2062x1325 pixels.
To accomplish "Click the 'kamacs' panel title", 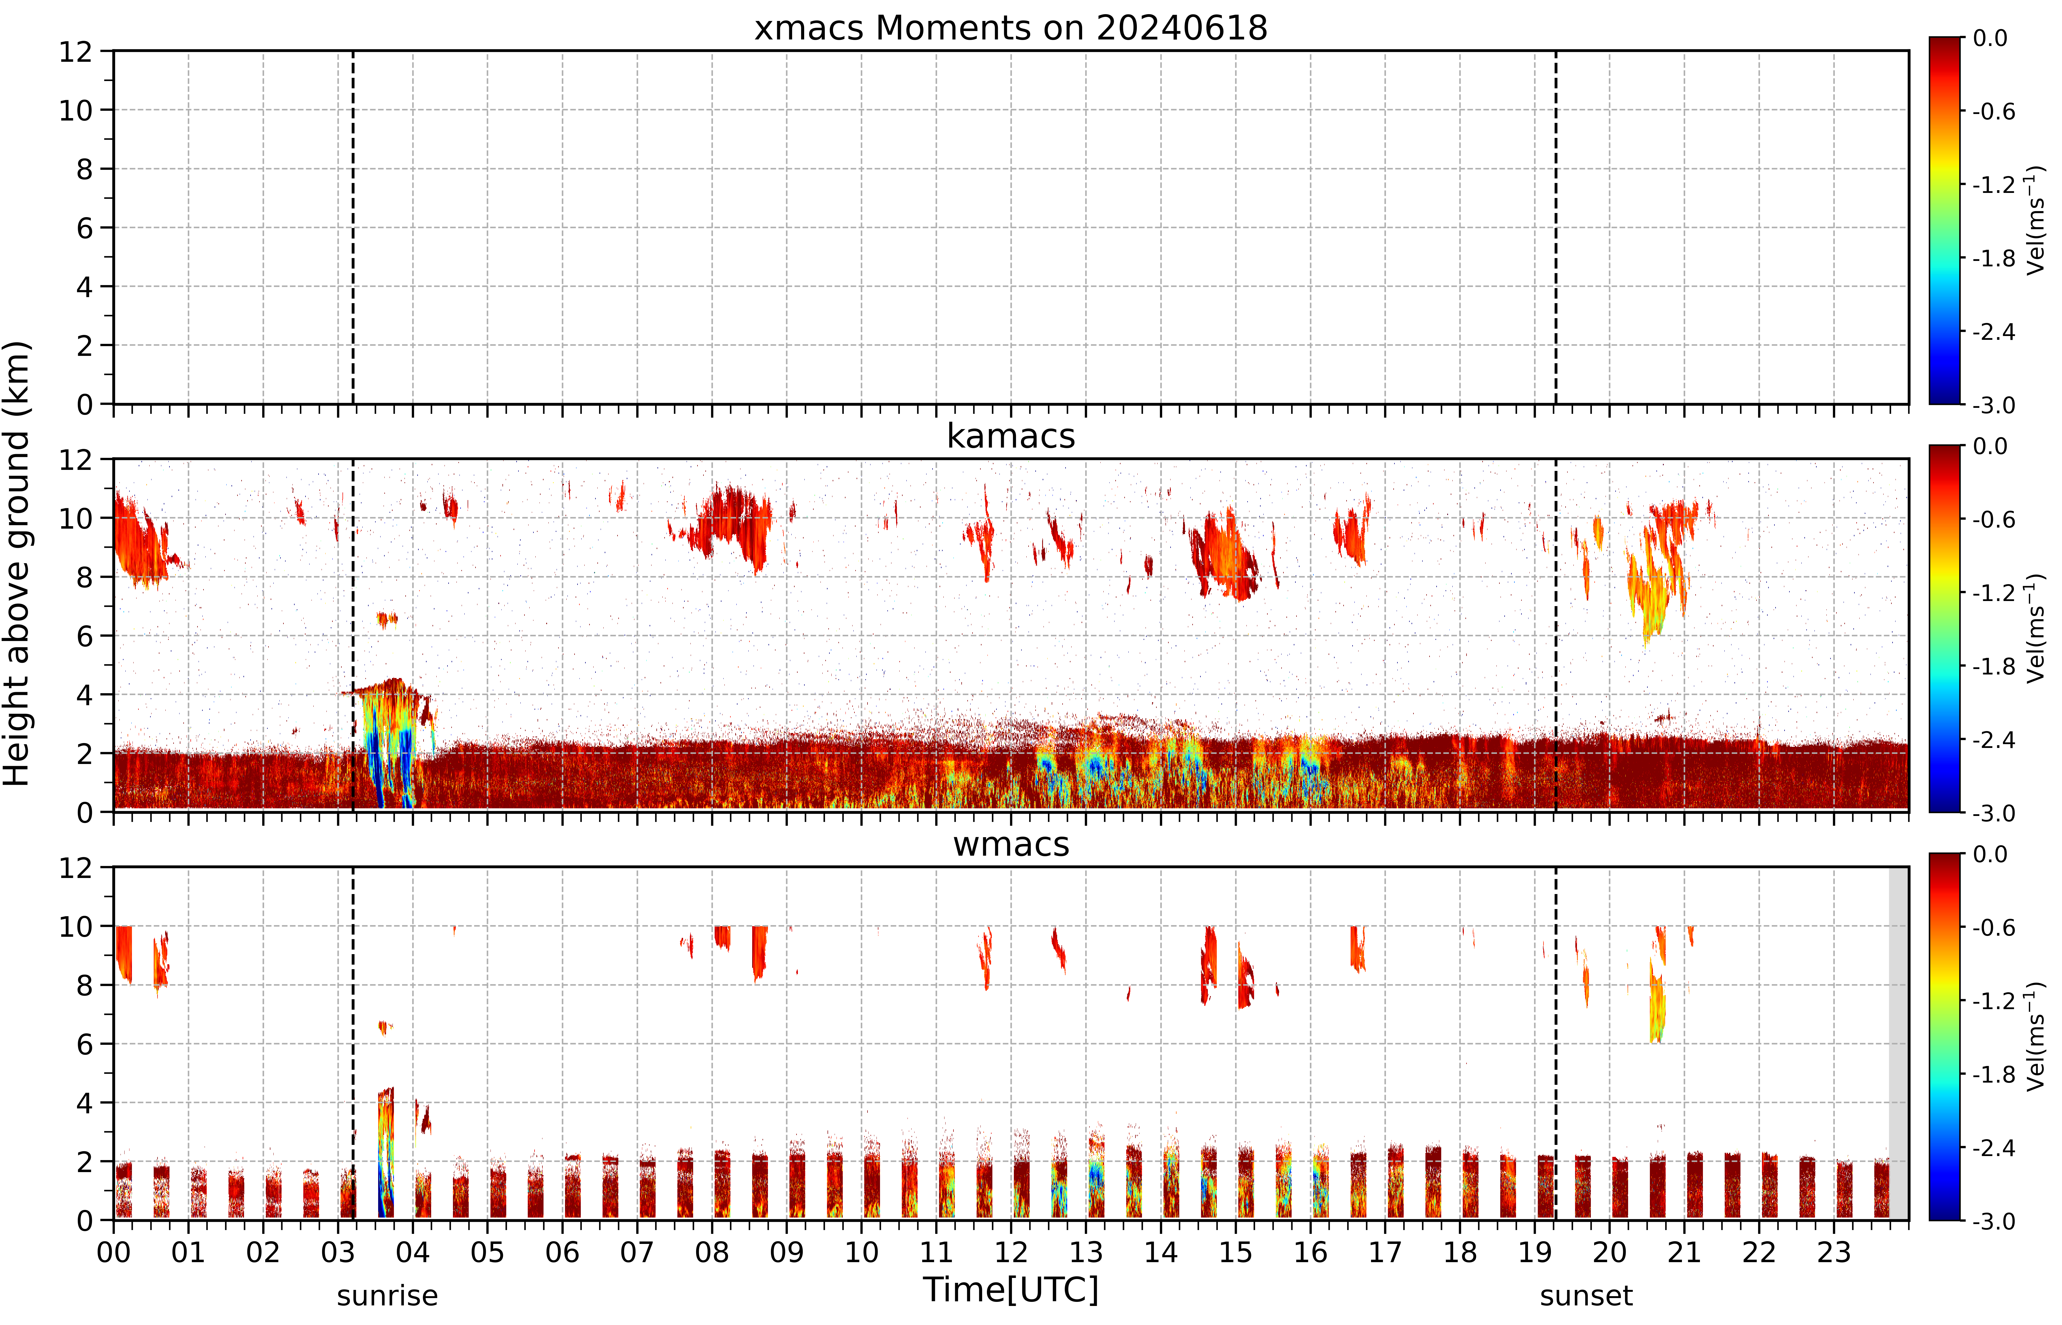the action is click(x=1011, y=436).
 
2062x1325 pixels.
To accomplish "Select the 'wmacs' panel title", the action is click(x=1011, y=844).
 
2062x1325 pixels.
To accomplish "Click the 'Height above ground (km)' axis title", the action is click(x=16, y=563).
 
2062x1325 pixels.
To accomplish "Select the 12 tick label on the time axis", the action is click(x=1011, y=1252).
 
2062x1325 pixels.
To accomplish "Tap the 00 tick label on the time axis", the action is click(x=113, y=1252).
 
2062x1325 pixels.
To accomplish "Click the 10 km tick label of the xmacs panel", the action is click(x=76, y=110).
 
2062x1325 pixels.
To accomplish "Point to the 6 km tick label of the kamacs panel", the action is click(x=84, y=636).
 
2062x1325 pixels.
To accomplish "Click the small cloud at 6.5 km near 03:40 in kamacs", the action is click(x=387, y=619).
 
